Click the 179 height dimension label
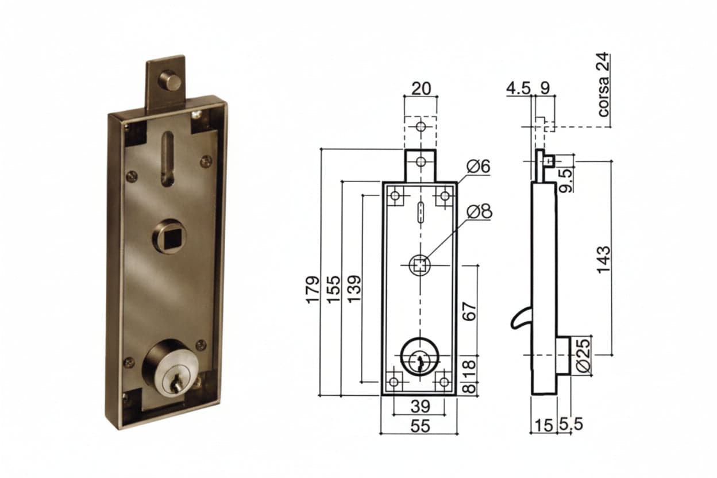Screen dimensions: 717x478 (x=313, y=289)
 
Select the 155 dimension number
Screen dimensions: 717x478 (x=333, y=289)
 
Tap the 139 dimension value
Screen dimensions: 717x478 (x=354, y=289)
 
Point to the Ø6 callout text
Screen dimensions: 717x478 (x=478, y=167)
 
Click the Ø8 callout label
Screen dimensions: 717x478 (x=479, y=212)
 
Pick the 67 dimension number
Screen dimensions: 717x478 (x=469, y=311)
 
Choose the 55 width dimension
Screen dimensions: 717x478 (x=420, y=426)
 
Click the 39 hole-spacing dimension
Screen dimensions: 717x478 (x=420, y=406)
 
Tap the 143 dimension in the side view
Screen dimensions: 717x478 (x=604, y=260)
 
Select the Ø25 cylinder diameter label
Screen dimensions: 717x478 (x=584, y=356)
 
